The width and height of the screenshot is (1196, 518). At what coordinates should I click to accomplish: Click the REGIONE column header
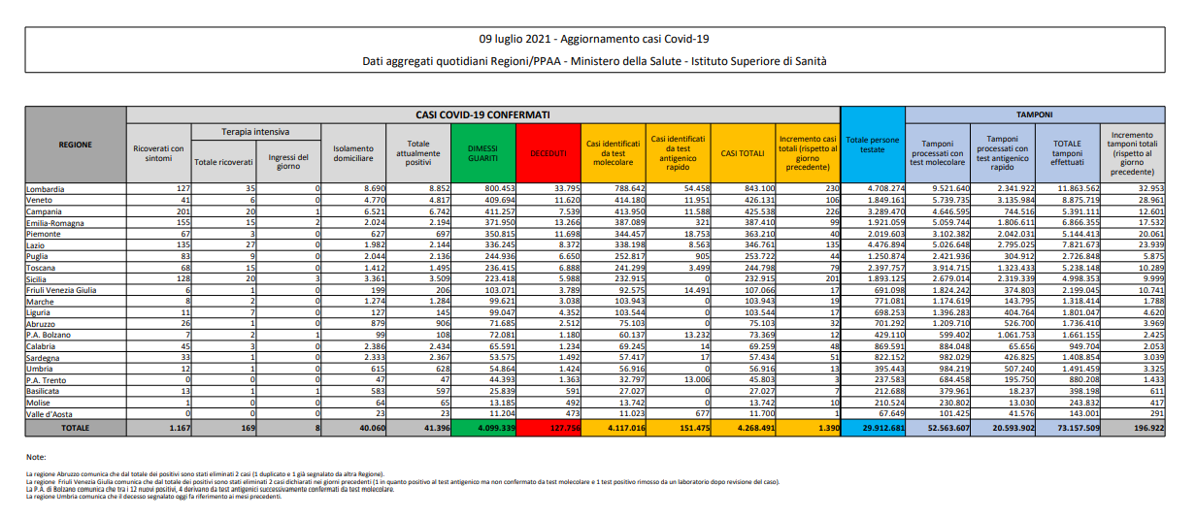coord(75,145)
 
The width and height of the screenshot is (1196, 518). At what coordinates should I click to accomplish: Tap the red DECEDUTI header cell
coord(548,153)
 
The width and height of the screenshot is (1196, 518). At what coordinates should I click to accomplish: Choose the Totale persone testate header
coord(872,145)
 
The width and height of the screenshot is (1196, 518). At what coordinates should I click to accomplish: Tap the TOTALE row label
coord(75,427)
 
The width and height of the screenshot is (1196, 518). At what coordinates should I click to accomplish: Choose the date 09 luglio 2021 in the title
coord(520,39)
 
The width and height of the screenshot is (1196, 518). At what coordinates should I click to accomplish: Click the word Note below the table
coord(37,456)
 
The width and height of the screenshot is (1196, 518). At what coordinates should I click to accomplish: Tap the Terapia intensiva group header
coord(255,131)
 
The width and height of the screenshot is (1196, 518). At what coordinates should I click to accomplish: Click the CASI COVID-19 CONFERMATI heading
coord(482,113)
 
